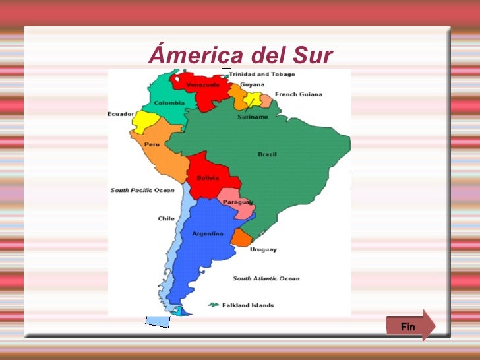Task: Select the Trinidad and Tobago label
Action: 262,75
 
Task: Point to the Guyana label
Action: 253,85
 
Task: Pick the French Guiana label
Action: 299,94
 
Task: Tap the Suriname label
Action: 253,117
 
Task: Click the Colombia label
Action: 169,103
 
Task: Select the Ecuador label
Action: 121,114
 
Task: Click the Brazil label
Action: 267,154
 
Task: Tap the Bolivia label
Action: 208,178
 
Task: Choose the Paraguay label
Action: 238,202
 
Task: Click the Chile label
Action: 166,218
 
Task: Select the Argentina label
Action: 207,233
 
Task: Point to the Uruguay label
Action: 263,249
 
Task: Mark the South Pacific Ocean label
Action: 142,190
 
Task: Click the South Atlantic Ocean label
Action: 266,278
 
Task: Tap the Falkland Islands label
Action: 248,305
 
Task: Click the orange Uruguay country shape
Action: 241,237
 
